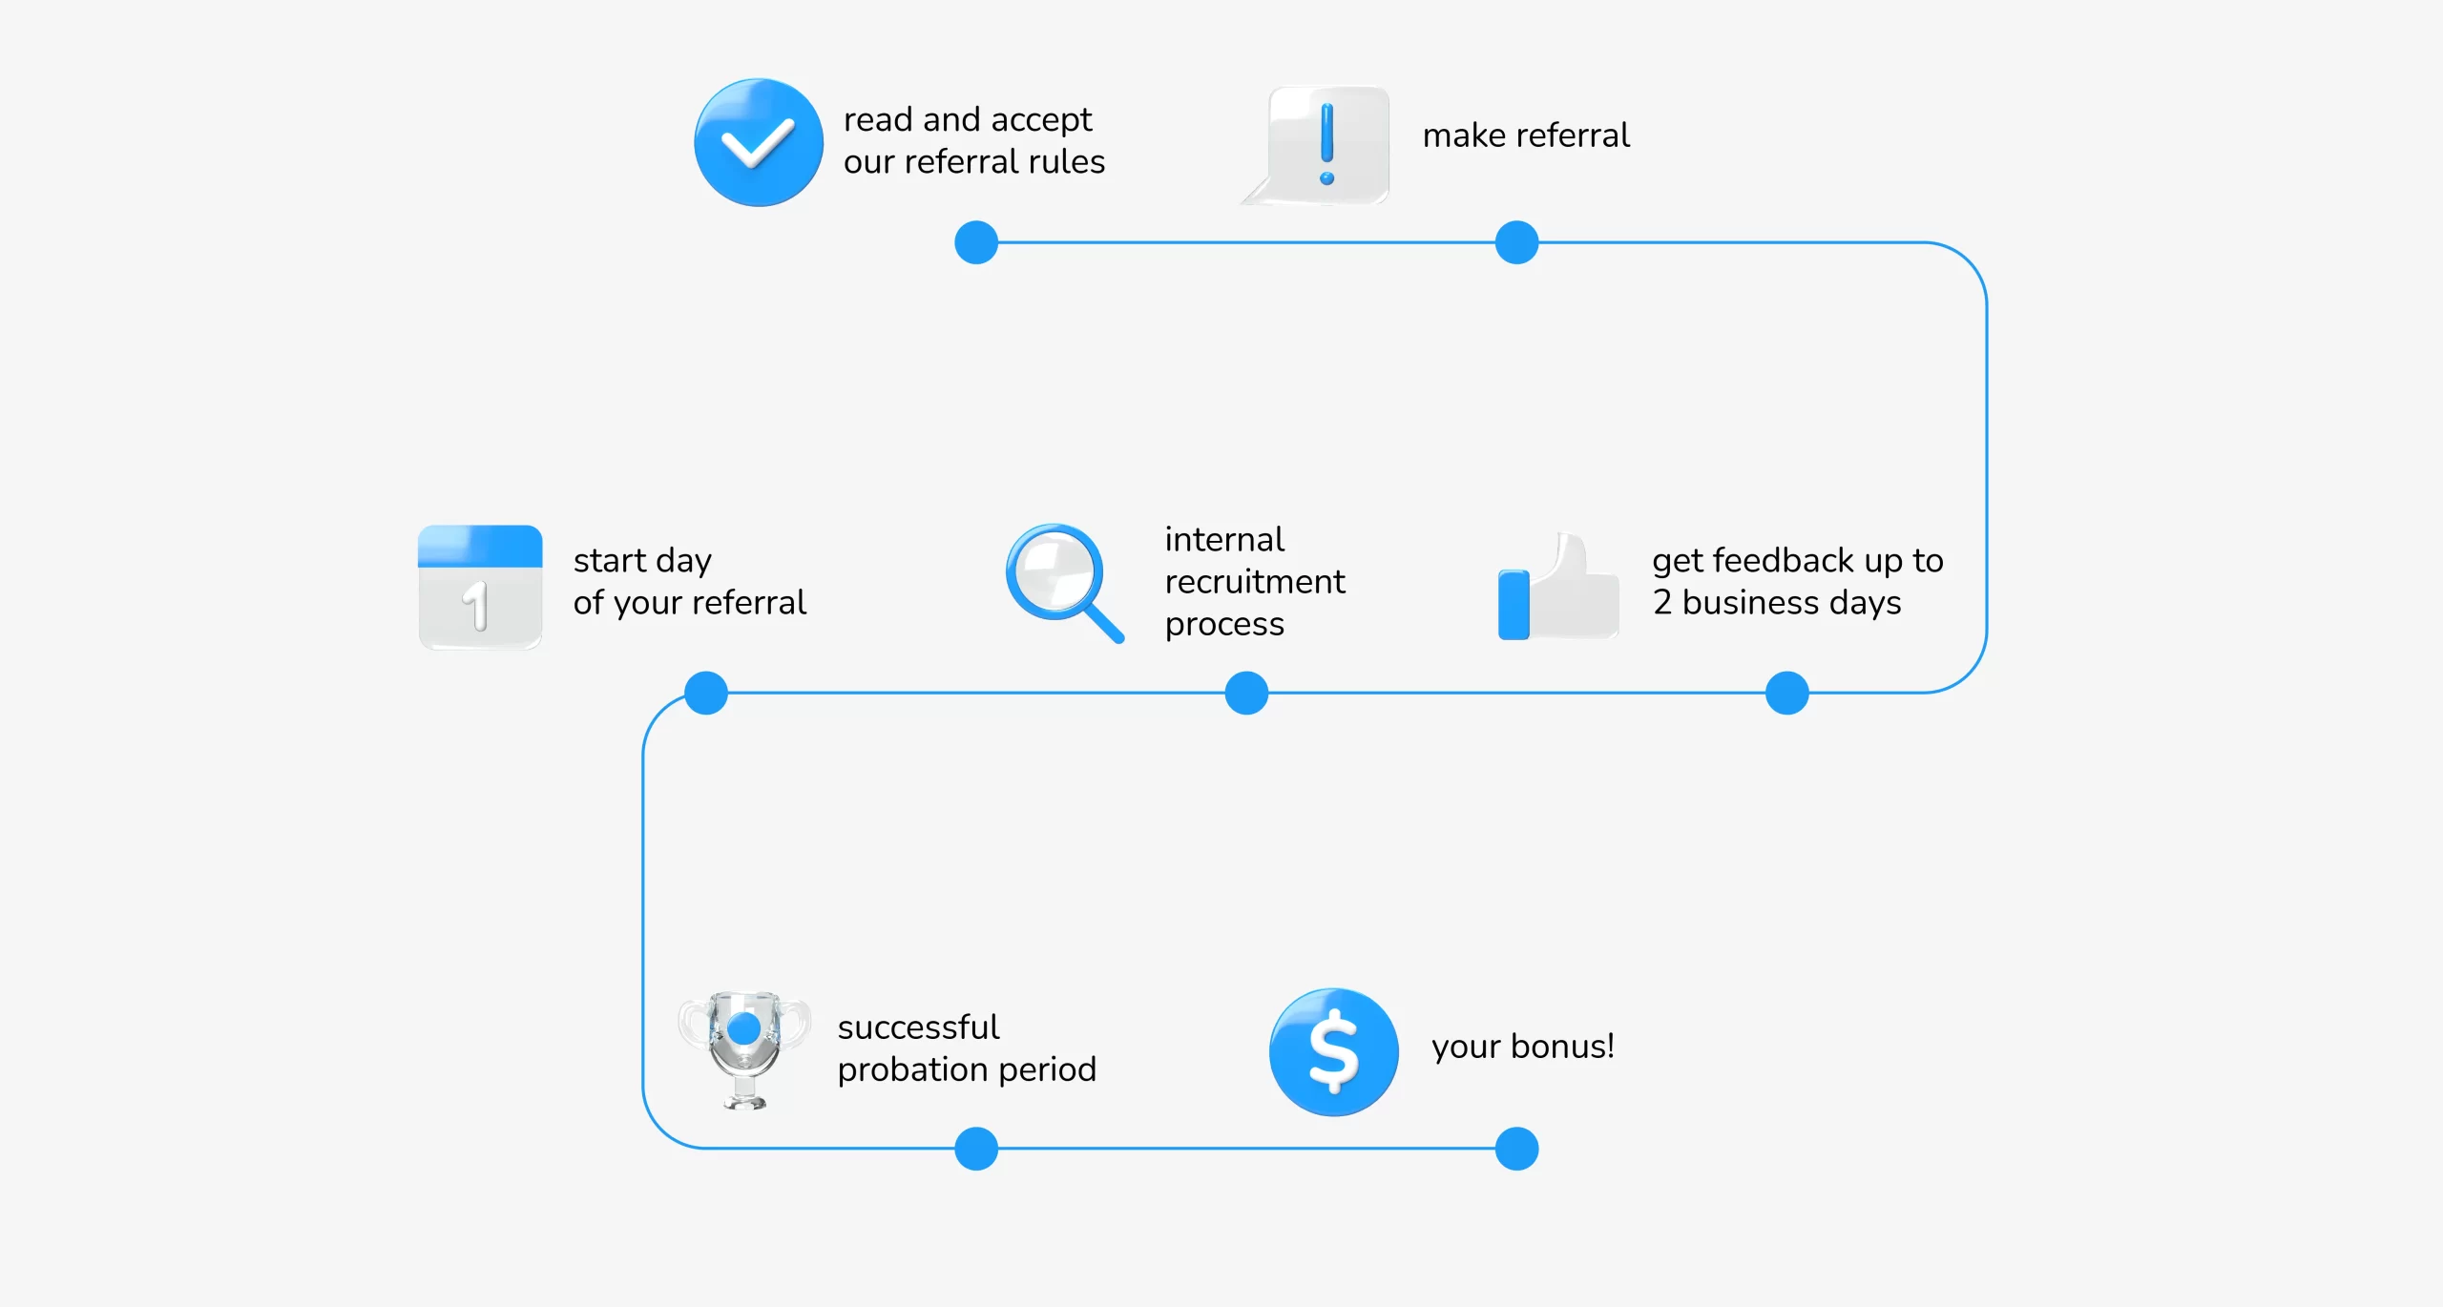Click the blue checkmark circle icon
(759, 142)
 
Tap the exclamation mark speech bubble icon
(1317, 145)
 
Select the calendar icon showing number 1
(480, 587)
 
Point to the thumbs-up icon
(1558, 586)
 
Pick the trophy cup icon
(744, 1049)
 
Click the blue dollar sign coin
(1333, 1051)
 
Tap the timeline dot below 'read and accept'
(976, 242)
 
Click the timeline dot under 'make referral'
(1516, 242)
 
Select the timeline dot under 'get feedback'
(1786, 693)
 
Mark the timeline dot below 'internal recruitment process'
(1246, 693)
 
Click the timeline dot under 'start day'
(706, 693)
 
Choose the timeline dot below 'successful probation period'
(976, 1148)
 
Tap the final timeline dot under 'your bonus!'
(1516, 1148)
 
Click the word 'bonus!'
(1562, 1046)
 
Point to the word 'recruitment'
(1255, 581)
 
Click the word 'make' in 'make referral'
(1464, 135)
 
